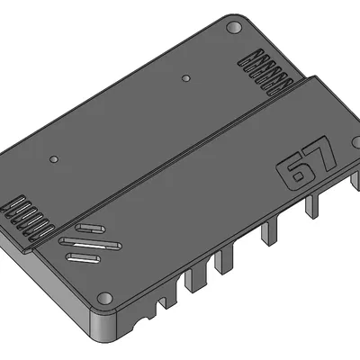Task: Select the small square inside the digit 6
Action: coord(294,177)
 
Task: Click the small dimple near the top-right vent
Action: coord(186,78)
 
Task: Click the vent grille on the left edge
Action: coord(25,215)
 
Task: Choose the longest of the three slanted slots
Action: coord(90,243)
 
